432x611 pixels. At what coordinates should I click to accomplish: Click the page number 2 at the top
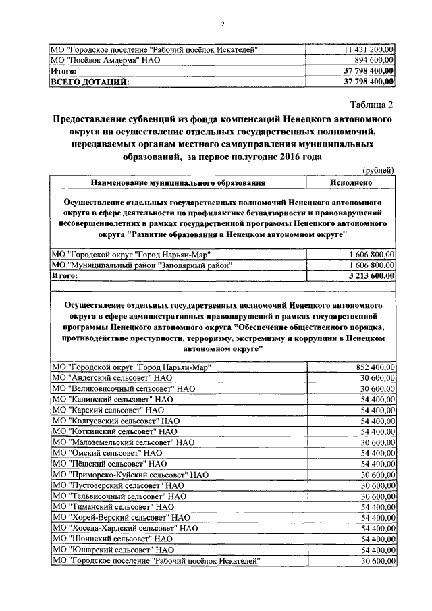point(221,24)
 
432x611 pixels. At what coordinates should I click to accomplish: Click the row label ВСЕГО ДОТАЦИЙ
point(90,82)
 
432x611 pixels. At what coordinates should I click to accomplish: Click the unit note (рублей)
point(378,170)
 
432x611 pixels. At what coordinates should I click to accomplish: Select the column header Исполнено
point(350,182)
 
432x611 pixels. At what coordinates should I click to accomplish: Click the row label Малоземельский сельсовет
point(123,442)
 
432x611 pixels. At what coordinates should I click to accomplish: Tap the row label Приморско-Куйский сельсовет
point(130,475)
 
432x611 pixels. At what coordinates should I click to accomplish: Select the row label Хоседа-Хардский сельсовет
point(125,529)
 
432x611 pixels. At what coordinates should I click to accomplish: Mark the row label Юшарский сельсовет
point(111,550)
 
